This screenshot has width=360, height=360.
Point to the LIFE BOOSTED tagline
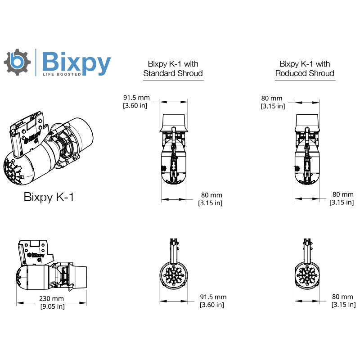(x=62, y=74)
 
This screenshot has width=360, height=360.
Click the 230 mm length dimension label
(x=51, y=299)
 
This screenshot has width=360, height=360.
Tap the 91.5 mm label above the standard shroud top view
(x=136, y=98)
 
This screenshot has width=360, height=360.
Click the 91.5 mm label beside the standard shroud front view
(x=213, y=297)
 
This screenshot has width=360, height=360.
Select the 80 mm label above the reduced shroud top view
(x=272, y=98)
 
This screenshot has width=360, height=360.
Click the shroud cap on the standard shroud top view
(x=173, y=121)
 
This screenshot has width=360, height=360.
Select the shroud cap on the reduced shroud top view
(x=307, y=121)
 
